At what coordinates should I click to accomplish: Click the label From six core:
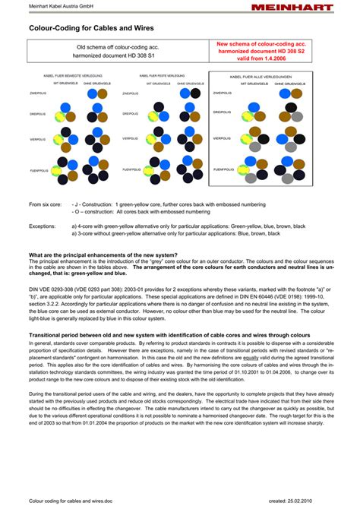[x=45, y=204]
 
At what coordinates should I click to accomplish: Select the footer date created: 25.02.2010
[x=303, y=501]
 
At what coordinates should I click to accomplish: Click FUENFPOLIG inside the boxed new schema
[x=223, y=169]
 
